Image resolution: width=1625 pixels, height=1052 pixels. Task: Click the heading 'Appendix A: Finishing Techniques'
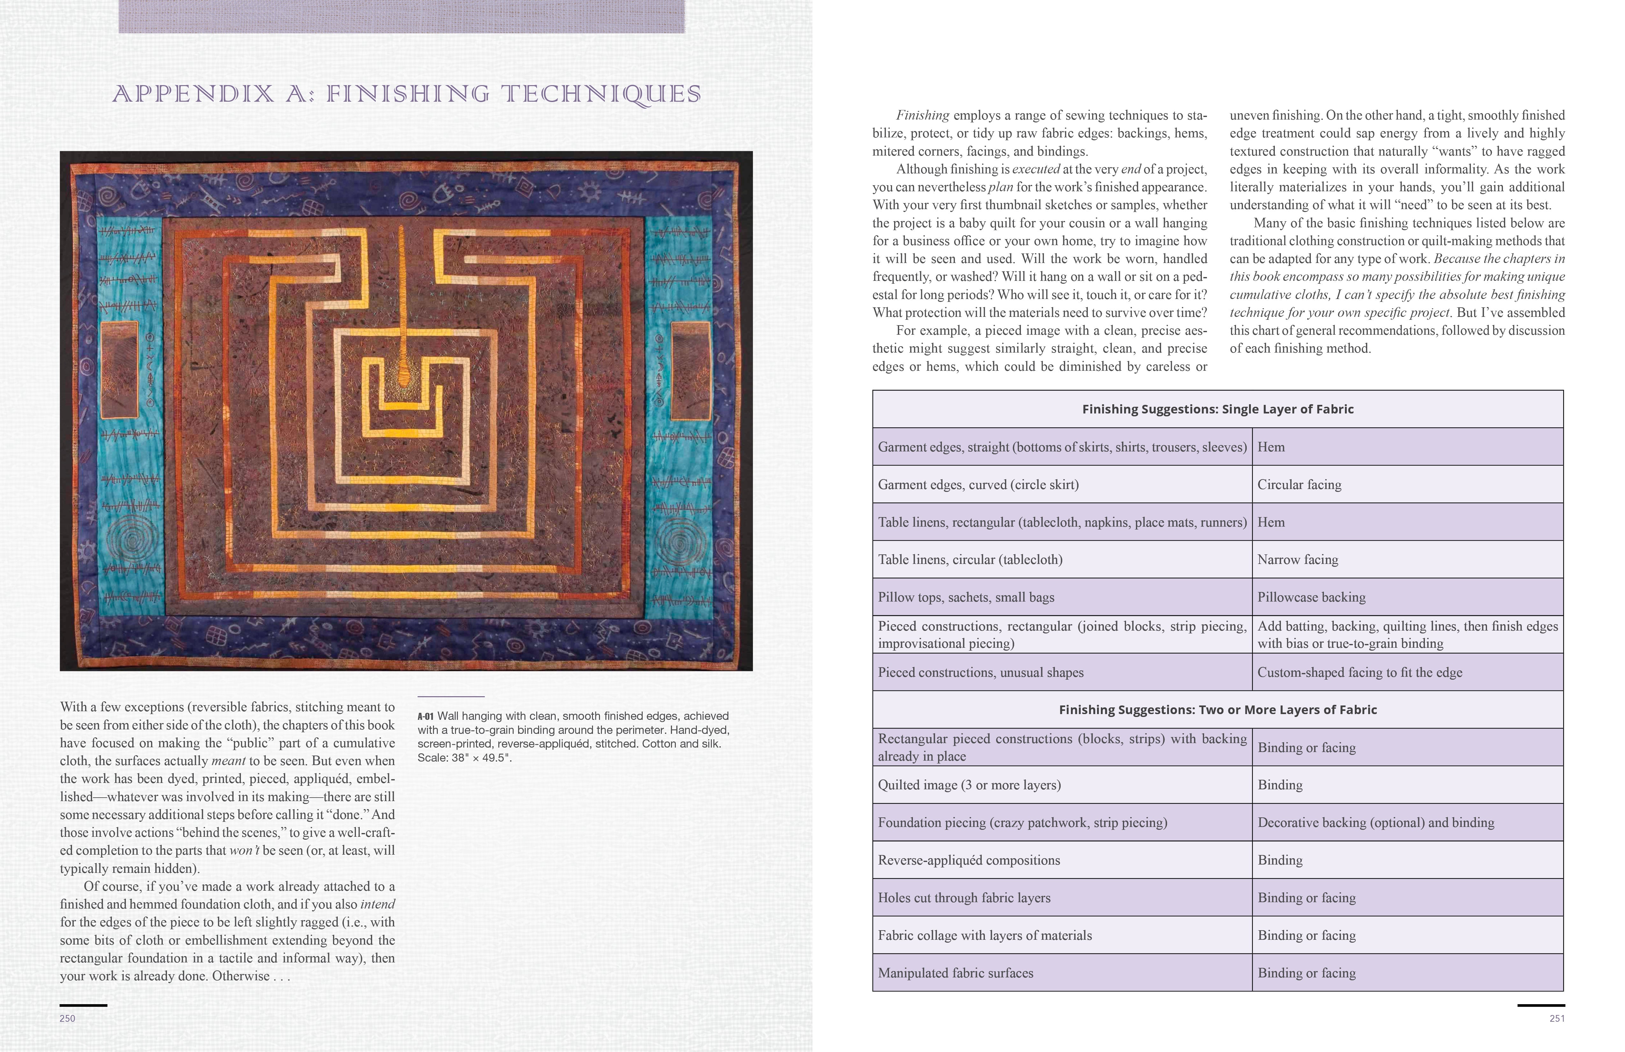pyautogui.click(x=407, y=94)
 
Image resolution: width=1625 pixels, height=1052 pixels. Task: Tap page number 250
pyautogui.click(x=68, y=1019)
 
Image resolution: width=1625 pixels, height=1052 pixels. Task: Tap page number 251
pyautogui.click(x=1557, y=1019)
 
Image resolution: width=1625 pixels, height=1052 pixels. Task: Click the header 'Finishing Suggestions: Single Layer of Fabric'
pyautogui.click(x=1217, y=409)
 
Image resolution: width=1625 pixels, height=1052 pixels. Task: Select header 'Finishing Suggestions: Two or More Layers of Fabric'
pyautogui.click(x=1217, y=710)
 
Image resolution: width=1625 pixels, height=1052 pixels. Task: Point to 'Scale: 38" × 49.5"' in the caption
pyautogui.click(x=464, y=757)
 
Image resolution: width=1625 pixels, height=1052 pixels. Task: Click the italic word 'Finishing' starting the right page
pyautogui.click(x=922, y=115)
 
